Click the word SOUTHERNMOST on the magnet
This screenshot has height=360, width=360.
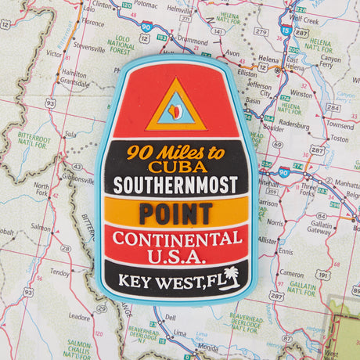[176, 186]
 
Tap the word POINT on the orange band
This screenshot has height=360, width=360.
[176, 212]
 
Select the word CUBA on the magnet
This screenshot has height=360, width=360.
[176, 167]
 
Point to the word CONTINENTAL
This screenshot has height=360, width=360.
[176, 238]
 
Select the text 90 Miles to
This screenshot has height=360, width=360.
[175, 152]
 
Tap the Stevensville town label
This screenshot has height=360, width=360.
[88, 48]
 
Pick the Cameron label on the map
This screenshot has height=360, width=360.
[290, 274]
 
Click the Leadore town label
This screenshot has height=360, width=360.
[80, 317]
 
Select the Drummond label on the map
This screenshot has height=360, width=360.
[192, 39]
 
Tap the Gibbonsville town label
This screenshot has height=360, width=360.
[79, 179]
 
